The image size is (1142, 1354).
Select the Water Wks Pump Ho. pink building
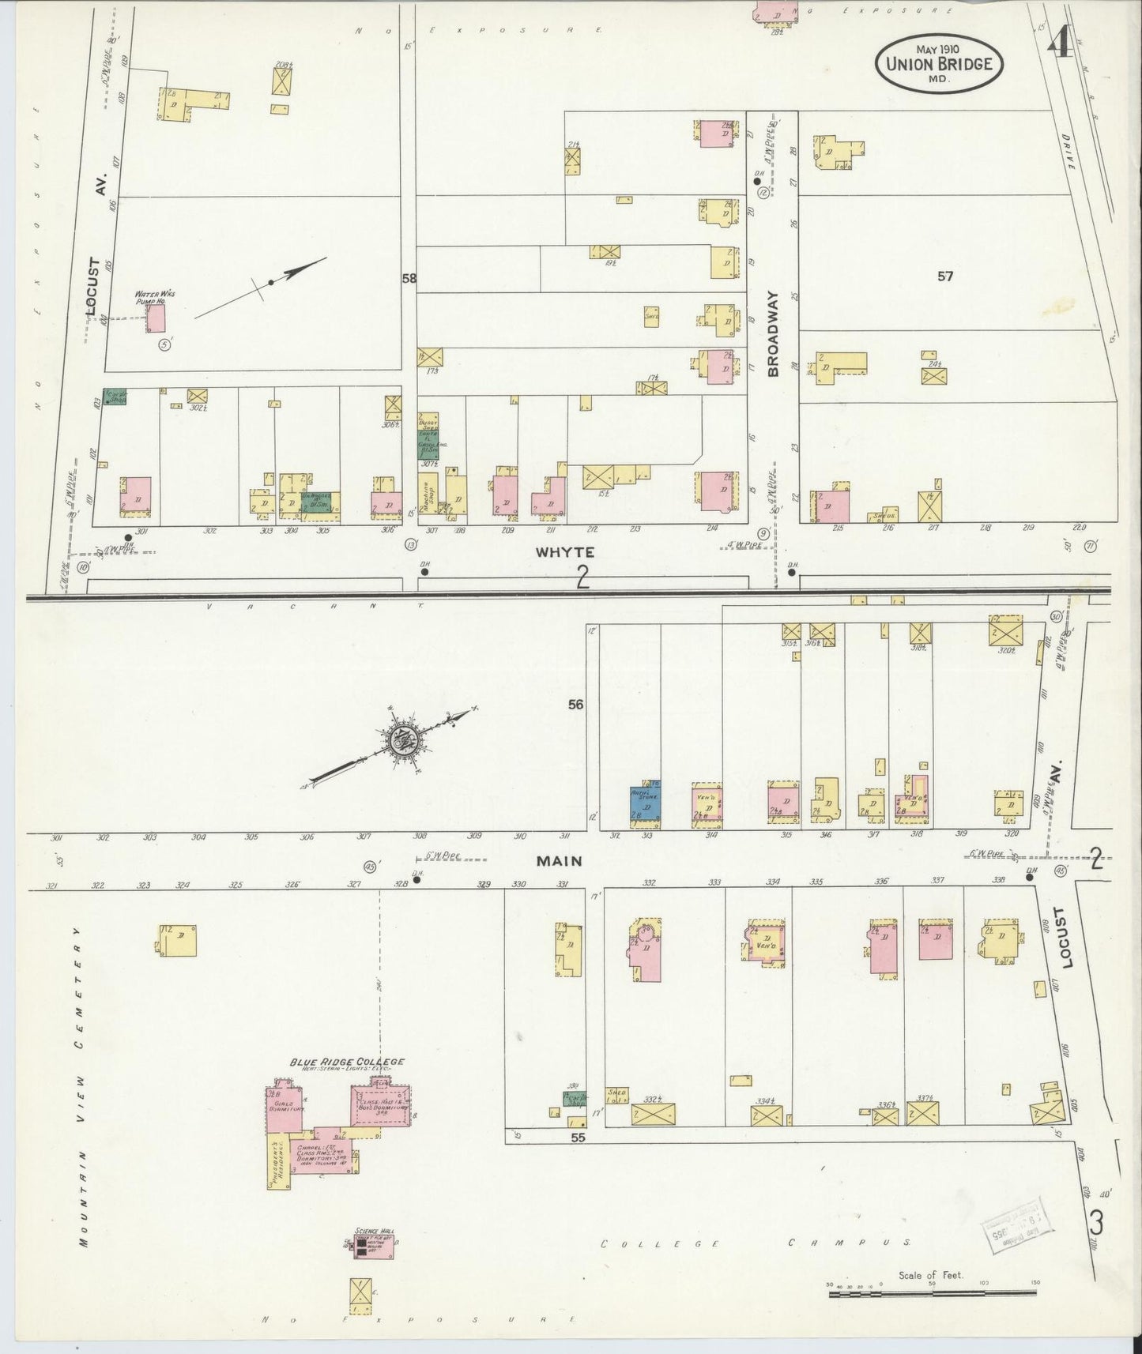[x=156, y=319]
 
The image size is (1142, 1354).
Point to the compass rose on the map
[x=401, y=741]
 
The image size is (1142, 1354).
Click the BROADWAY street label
[x=772, y=333]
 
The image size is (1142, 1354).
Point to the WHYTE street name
[x=564, y=552]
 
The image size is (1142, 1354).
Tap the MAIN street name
[x=560, y=860]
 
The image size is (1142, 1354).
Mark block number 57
[x=945, y=276]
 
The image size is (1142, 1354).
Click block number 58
[x=409, y=278]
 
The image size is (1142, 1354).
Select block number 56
[x=575, y=704]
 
